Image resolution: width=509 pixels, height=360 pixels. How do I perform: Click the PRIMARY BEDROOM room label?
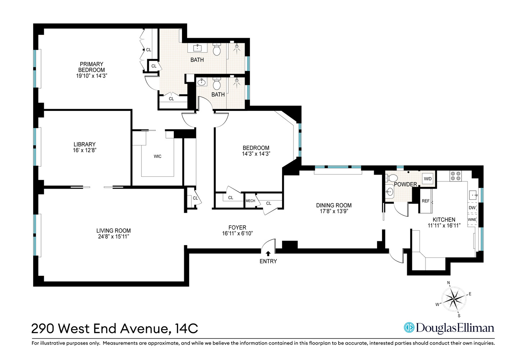92,67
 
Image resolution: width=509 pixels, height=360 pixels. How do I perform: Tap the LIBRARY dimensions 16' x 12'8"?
85,150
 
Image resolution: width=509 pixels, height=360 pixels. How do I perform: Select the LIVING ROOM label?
113,231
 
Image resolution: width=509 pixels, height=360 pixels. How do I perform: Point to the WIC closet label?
158,156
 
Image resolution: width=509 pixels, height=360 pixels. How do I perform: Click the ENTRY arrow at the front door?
268,254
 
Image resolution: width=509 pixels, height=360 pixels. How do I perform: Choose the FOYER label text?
237,228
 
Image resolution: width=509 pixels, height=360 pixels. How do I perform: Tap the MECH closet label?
250,201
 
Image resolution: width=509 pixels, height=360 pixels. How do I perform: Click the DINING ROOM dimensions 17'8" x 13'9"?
334,211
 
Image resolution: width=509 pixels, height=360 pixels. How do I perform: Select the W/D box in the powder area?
428,179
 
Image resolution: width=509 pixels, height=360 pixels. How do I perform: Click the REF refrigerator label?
426,201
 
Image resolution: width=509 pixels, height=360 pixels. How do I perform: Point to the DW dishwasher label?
472,208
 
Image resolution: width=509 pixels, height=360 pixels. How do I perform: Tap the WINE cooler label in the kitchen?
472,220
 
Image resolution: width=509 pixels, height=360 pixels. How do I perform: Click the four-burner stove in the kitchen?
456,176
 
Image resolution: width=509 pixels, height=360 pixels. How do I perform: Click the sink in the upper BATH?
197,48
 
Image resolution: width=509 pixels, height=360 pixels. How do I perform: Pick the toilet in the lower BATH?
217,84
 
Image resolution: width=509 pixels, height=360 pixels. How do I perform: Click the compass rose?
454,299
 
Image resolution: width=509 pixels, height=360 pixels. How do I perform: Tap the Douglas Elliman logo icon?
409,328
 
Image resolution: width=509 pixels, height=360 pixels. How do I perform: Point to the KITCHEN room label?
444,220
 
